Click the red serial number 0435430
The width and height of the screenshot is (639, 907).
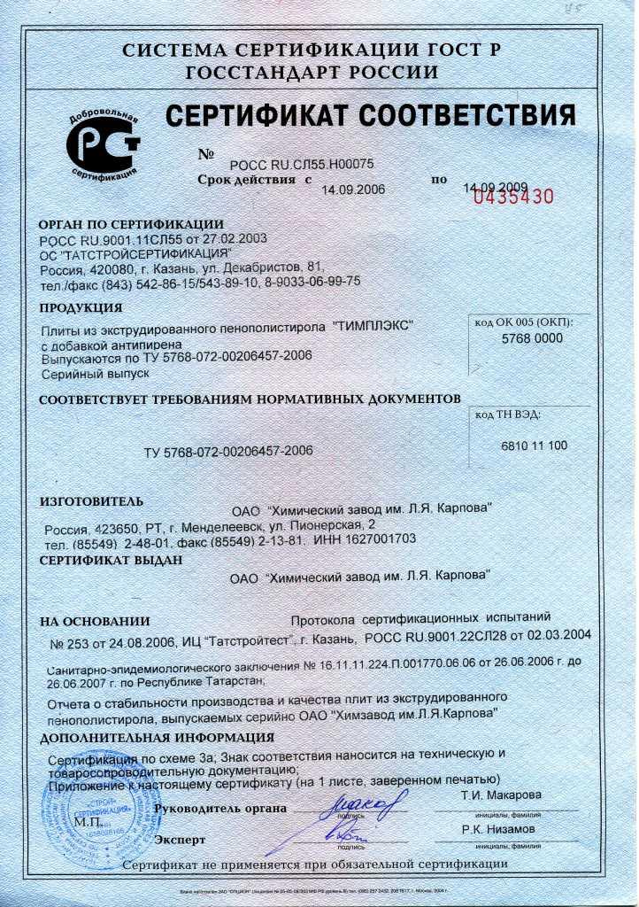point(513,197)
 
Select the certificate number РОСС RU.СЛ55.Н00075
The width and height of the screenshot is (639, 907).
point(302,164)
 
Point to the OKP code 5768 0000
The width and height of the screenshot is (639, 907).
point(532,338)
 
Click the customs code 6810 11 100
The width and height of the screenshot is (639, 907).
point(535,446)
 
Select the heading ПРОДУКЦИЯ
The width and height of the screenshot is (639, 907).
point(81,308)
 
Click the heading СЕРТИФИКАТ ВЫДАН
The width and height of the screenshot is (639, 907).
point(112,560)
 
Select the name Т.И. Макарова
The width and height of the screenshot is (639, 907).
point(500,795)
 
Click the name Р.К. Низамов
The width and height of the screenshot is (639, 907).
point(497,829)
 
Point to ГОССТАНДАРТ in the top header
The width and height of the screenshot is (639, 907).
point(271,73)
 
